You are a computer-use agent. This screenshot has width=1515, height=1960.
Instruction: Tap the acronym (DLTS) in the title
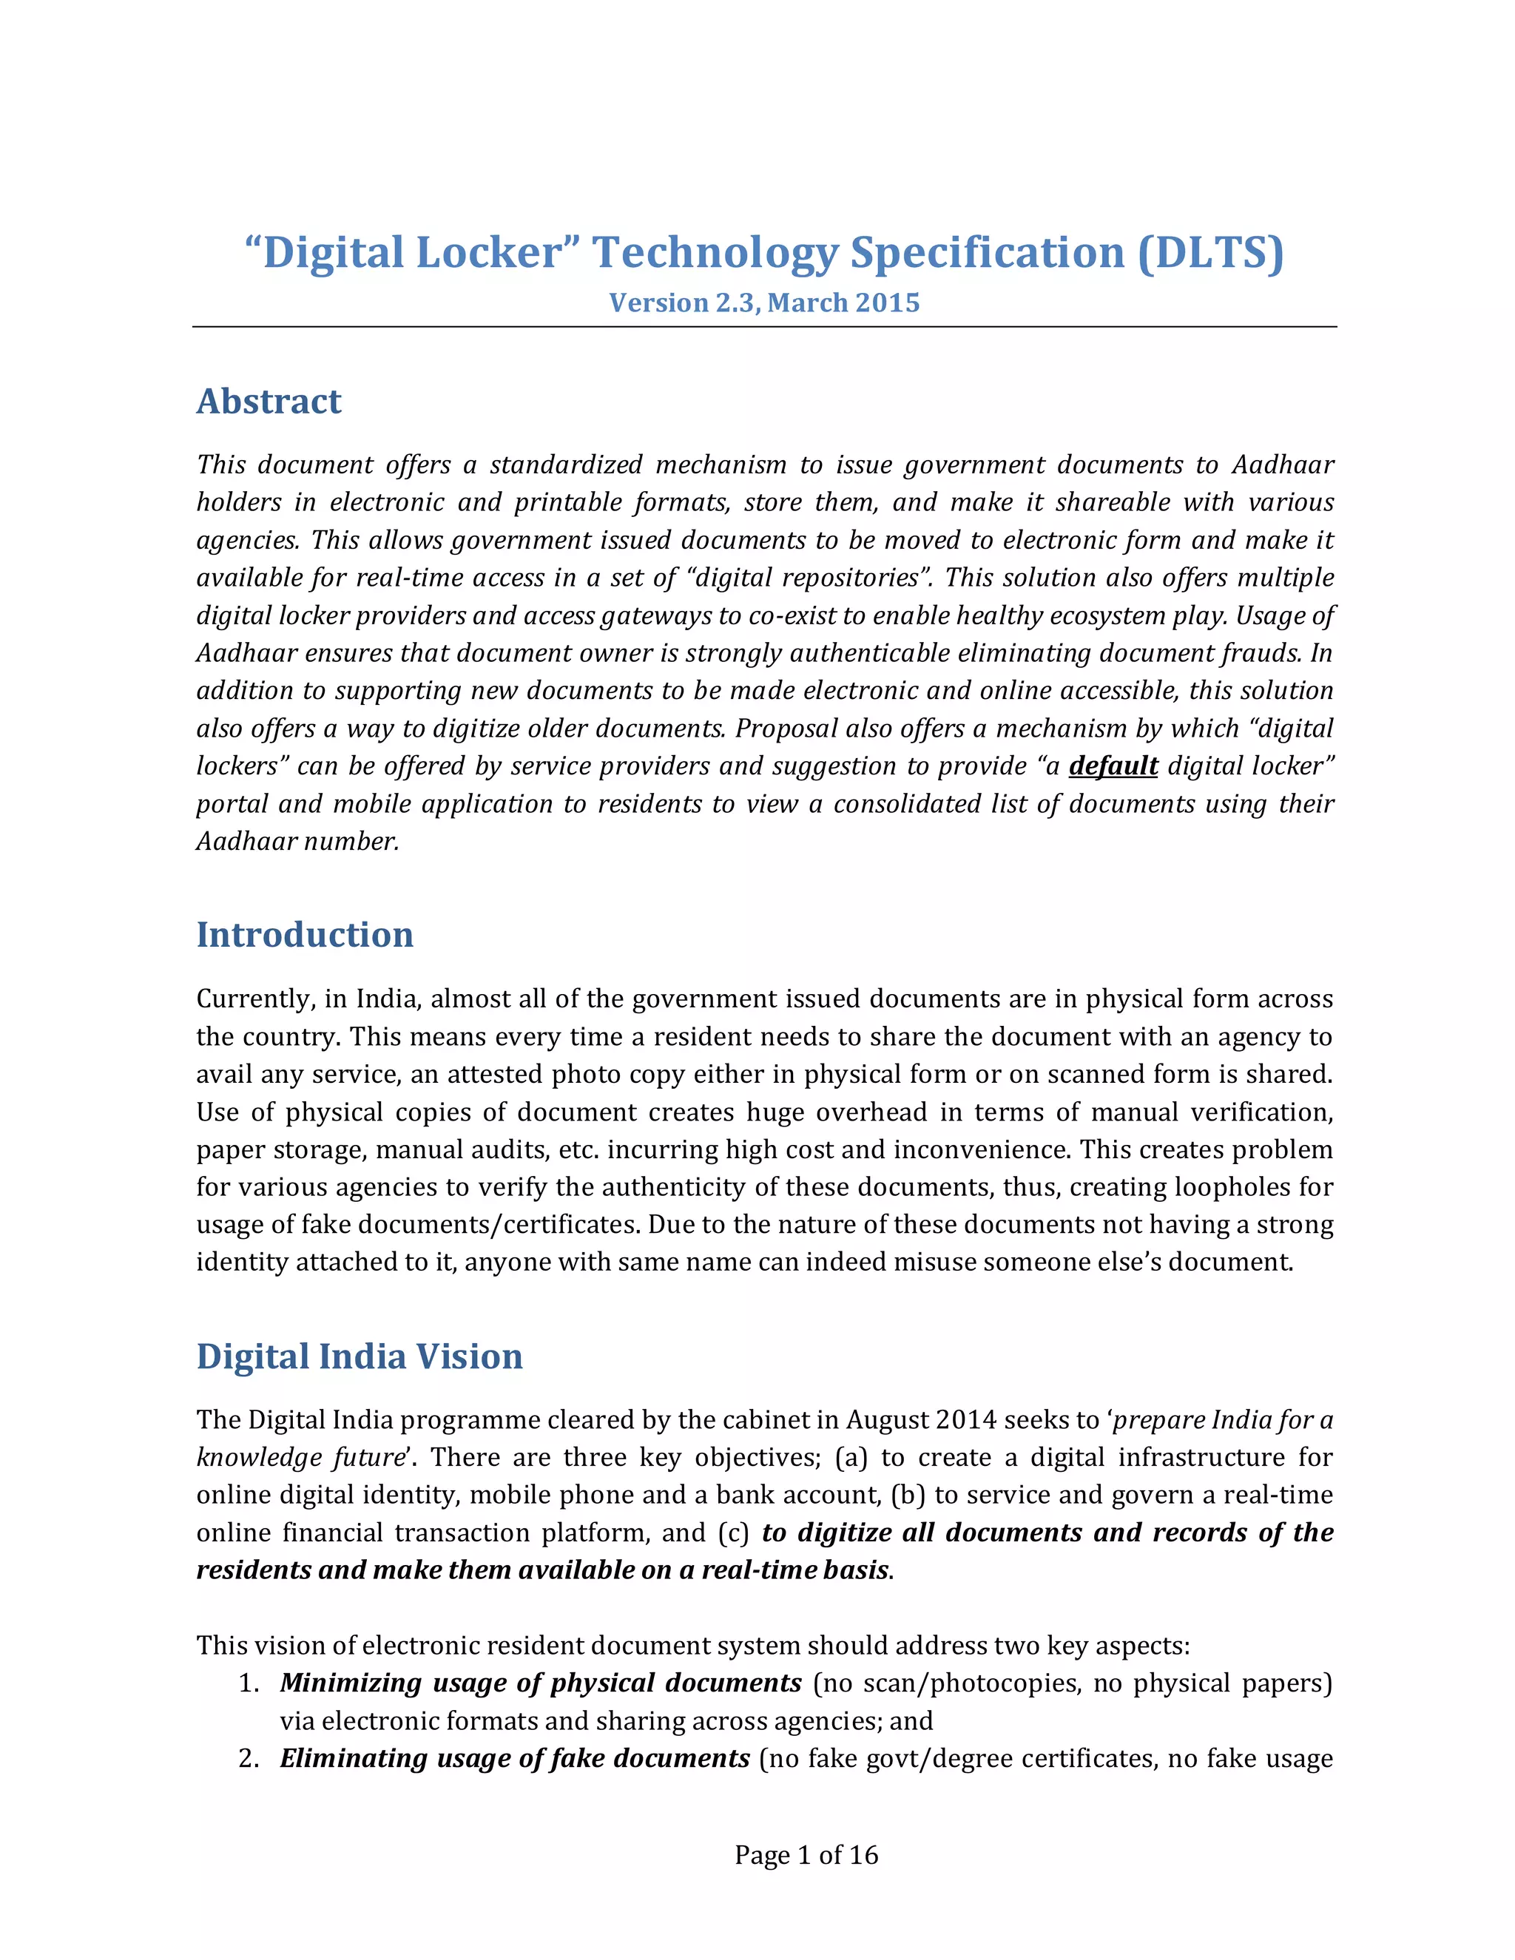click(x=1211, y=254)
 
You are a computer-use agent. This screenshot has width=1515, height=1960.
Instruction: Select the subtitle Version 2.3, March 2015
click(x=763, y=303)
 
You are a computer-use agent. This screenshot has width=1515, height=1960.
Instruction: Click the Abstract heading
click(x=269, y=401)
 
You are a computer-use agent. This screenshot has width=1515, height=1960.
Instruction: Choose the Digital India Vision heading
click(x=359, y=1356)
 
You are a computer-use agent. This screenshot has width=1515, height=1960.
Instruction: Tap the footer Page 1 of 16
click(x=806, y=1855)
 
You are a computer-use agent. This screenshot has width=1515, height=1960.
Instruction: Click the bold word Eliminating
click(x=353, y=1759)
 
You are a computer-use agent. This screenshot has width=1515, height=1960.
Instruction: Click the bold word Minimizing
click(x=350, y=1683)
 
